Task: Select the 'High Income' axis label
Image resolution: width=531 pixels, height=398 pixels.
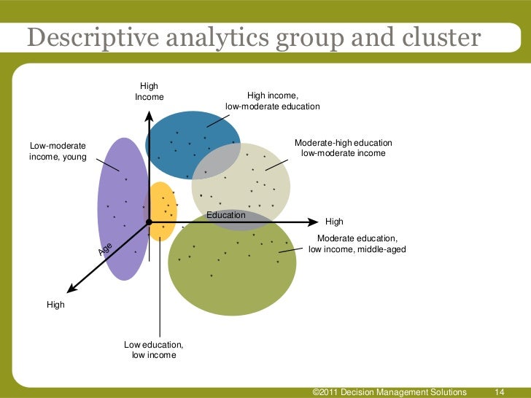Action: click(x=150, y=92)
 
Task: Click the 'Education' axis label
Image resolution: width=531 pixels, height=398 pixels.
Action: click(x=226, y=216)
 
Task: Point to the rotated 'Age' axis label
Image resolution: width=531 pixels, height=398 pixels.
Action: click(x=106, y=249)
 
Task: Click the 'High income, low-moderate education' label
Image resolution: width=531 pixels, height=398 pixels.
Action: click(x=273, y=101)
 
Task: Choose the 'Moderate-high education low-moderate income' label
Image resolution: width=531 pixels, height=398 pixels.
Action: click(x=343, y=148)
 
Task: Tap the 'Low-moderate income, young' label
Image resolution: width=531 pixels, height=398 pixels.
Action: click(x=58, y=151)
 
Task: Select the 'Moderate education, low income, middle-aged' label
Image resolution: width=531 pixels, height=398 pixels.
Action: click(x=357, y=244)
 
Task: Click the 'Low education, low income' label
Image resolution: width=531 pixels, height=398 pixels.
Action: click(x=153, y=350)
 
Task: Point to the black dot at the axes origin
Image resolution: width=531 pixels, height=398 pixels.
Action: click(x=148, y=221)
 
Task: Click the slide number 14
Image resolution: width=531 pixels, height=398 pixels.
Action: click(x=500, y=392)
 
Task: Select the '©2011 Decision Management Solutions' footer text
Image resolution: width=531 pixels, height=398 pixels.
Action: click(x=389, y=392)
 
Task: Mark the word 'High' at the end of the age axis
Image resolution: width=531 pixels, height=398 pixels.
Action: click(x=55, y=305)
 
